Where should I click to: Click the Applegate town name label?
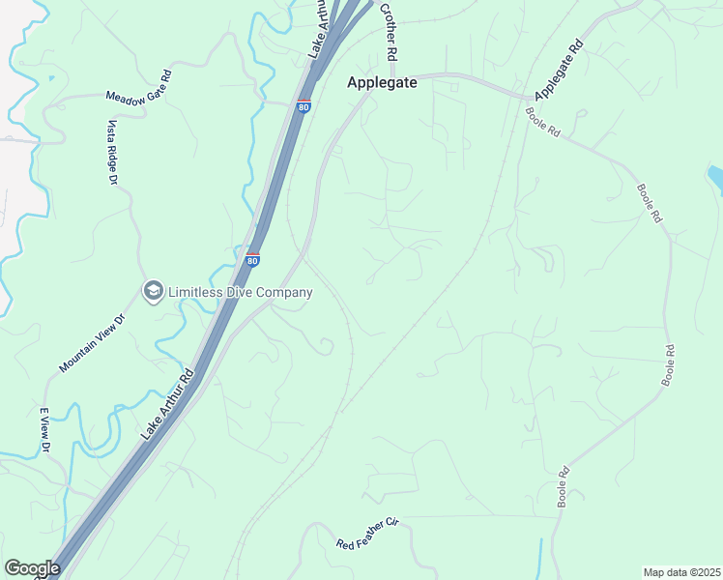click(x=382, y=83)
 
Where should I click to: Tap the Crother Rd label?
click(x=389, y=32)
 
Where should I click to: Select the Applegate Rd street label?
click(x=560, y=71)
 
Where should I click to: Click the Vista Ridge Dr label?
click(x=113, y=153)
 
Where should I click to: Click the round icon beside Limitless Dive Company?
click(x=152, y=291)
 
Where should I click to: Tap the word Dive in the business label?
click(x=248, y=292)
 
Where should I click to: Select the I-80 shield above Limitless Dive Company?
click(x=252, y=258)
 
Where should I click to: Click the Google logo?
click(x=32, y=568)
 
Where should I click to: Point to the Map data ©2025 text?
click(x=680, y=572)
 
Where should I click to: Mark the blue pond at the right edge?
click(x=715, y=177)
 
